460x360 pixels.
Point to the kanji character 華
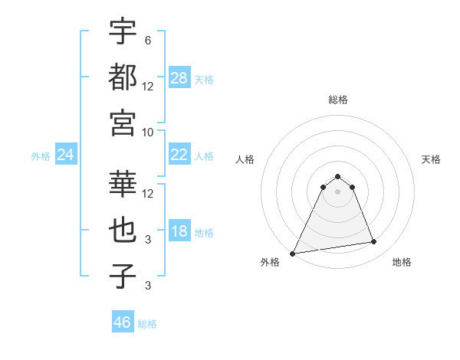tap(123, 183)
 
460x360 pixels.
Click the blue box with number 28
tap(179, 78)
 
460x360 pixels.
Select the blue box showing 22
tap(179, 155)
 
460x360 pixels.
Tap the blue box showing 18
tap(179, 232)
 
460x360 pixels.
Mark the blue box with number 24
tap(66, 155)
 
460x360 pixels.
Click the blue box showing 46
tap(123, 322)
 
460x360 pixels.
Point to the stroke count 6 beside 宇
tap(148, 40)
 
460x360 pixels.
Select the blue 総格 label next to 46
tap(147, 324)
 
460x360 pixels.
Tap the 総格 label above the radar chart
tap(337, 100)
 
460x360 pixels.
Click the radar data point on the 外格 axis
tap(293, 253)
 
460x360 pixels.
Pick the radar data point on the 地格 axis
tap(374, 242)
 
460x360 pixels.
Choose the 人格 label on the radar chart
tap(245, 159)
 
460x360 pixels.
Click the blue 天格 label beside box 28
tap(204, 79)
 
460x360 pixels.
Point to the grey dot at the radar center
tap(337, 191)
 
